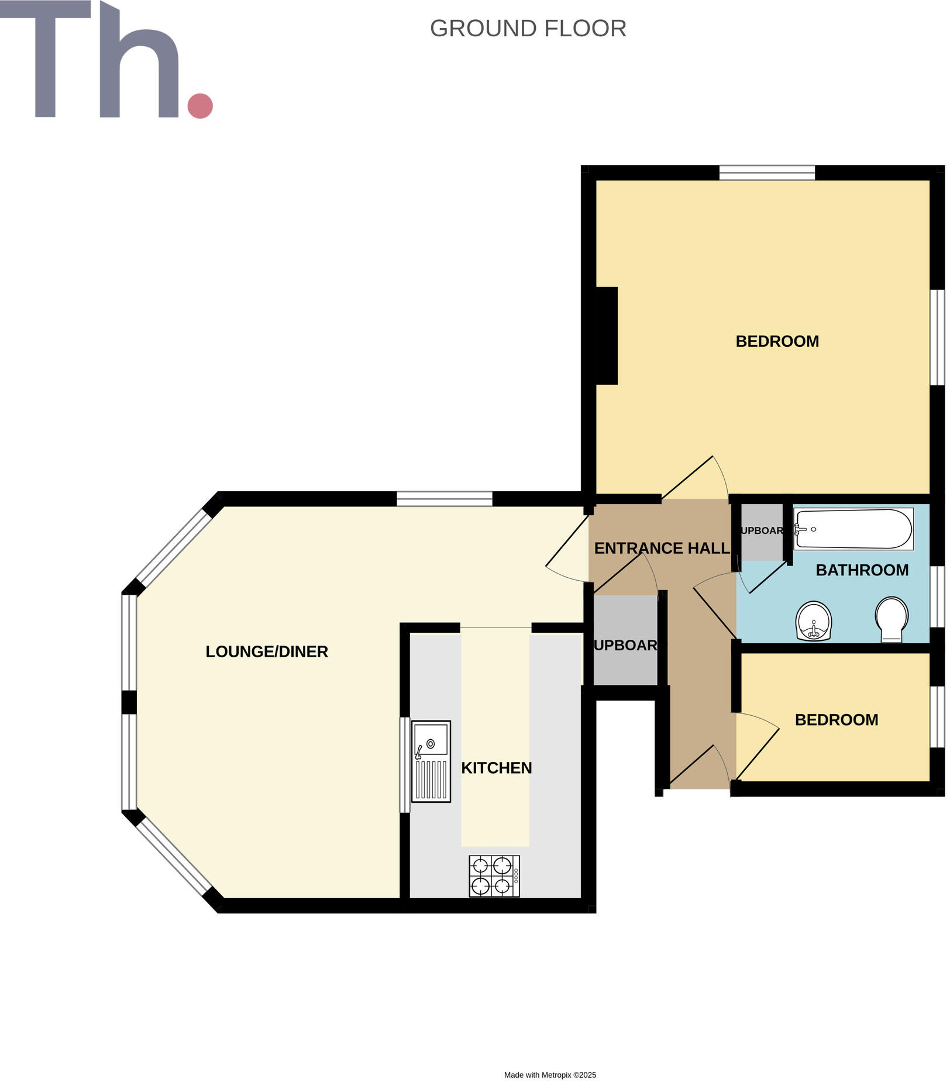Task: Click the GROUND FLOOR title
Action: [x=528, y=29]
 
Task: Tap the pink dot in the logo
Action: [x=200, y=106]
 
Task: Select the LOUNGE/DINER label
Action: [x=267, y=651]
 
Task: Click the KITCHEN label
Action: [x=496, y=768]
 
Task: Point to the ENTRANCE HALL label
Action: [x=662, y=548]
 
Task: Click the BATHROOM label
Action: [x=862, y=570]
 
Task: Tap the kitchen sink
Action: [x=431, y=761]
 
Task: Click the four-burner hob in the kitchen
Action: [x=494, y=876]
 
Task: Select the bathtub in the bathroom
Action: [x=853, y=529]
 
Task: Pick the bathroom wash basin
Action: [x=814, y=621]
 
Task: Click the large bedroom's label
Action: [x=777, y=342]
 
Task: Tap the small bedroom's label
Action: [x=837, y=720]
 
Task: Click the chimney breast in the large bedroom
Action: [x=607, y=336]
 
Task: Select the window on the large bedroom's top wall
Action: [x=767, y=173]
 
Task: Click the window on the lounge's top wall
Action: [x=445, y=499]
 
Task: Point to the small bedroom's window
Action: [x=937, y=716]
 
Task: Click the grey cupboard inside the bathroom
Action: [x=762, y=531]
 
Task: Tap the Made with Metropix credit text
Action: [x=550, y=1075]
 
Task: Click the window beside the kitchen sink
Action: [x=404, y=764]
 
